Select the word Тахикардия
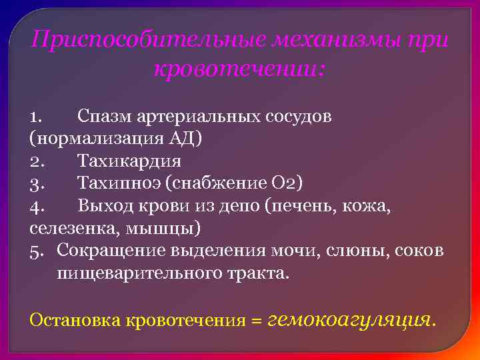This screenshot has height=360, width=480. click(129, 161)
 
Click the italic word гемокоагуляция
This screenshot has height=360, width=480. click(349, 319)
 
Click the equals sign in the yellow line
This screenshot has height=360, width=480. click(255, 320)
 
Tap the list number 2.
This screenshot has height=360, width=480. click(37, 161)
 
